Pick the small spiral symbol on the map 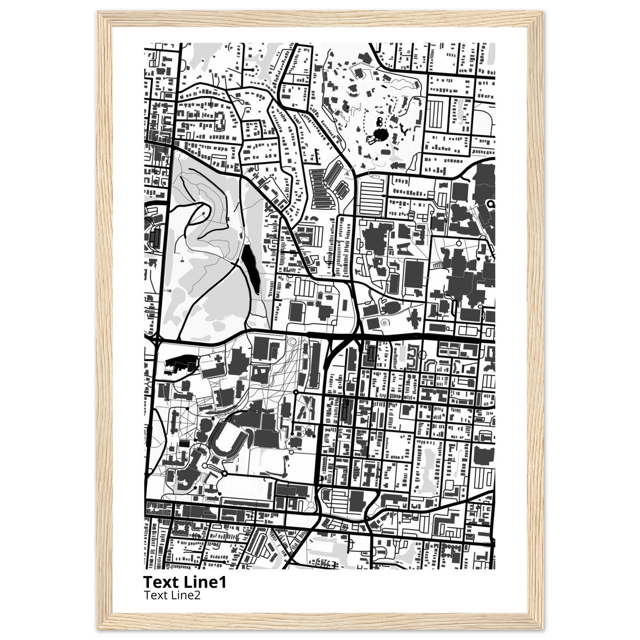click(384, 322)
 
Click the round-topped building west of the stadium click(206, 424)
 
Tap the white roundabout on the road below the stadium click(205, 467)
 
